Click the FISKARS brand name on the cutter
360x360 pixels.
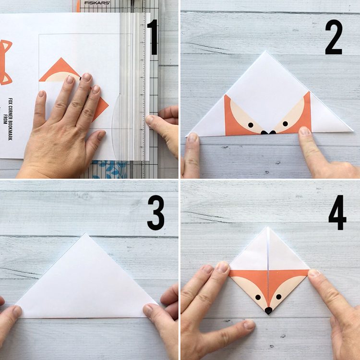click(97, 3)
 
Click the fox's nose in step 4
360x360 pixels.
click(268, 311)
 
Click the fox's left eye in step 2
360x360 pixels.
click(251, 124)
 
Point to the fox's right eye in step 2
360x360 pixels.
click(285, 123)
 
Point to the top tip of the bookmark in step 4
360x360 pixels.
click(268, 228)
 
